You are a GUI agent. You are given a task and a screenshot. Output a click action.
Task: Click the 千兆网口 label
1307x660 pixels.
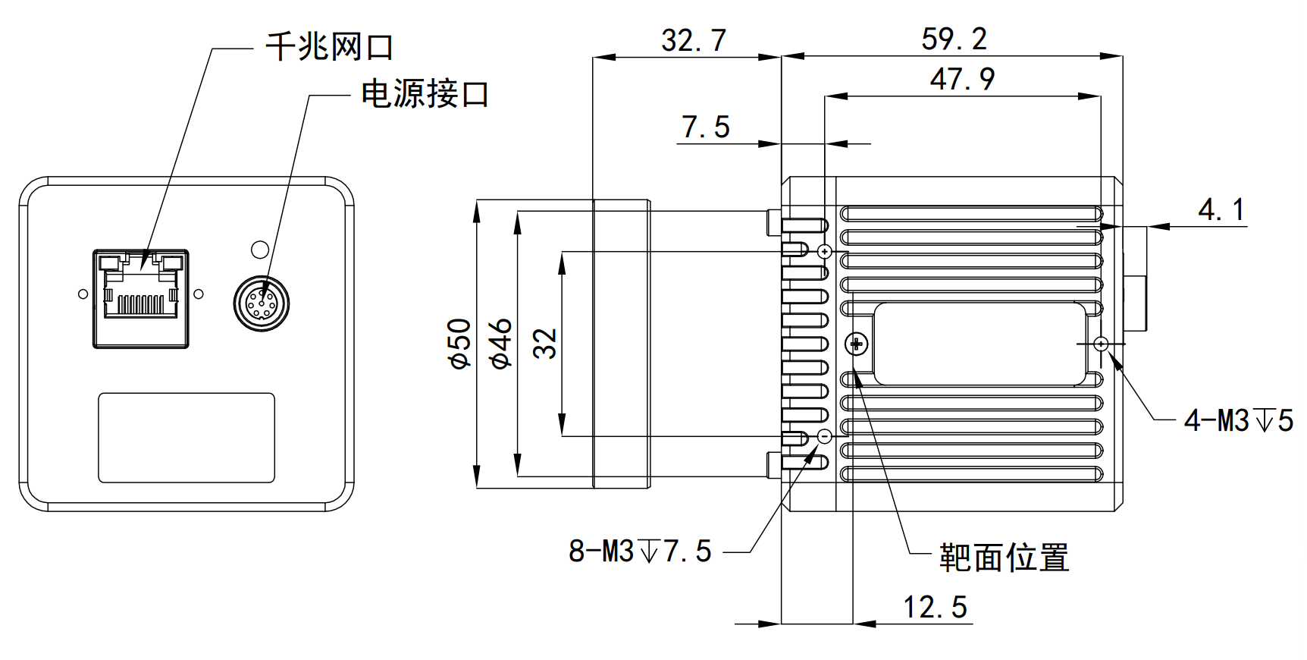coord(329,47)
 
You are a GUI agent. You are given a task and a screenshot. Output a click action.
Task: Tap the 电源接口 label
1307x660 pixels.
coord(425,94)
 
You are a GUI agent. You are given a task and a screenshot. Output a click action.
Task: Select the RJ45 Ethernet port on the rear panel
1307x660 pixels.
coord(141,298)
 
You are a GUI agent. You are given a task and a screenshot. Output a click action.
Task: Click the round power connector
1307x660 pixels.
coord(262,303)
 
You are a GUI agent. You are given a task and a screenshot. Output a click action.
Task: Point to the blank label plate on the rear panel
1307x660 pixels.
coord(186,438)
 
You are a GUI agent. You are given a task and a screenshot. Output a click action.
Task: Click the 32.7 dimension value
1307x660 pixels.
coord(693,40)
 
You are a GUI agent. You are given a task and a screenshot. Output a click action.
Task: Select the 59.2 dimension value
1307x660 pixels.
coord(954,39)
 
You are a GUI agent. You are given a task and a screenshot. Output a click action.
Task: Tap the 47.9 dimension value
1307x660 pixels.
coord(962,79)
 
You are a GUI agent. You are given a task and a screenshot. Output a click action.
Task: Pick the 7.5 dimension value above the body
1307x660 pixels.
coord(705,127)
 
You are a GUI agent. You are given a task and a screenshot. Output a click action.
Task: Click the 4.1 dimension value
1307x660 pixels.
coord(1221,209)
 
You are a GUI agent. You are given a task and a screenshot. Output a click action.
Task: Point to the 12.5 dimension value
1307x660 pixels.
coord(935,607)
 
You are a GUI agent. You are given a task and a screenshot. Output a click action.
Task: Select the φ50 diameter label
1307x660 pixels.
coord(460,344)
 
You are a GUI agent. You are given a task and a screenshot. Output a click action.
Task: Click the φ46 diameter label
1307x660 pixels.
coord(501,344)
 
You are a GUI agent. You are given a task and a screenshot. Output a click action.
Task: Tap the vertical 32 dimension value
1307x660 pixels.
coord(545,344)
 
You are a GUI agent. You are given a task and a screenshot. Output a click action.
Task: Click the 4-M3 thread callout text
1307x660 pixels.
coord(1238,420)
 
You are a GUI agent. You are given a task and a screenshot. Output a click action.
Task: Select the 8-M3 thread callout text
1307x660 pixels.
coord(640,551)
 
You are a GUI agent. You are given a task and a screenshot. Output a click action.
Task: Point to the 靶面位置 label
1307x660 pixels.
coord(1004,558)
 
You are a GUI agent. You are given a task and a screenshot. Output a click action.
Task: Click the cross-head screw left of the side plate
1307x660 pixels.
coord(857,344)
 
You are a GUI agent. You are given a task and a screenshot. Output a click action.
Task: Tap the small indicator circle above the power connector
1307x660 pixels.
coord(259,249)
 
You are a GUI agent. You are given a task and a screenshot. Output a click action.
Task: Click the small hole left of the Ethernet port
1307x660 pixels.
coord(83,294)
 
